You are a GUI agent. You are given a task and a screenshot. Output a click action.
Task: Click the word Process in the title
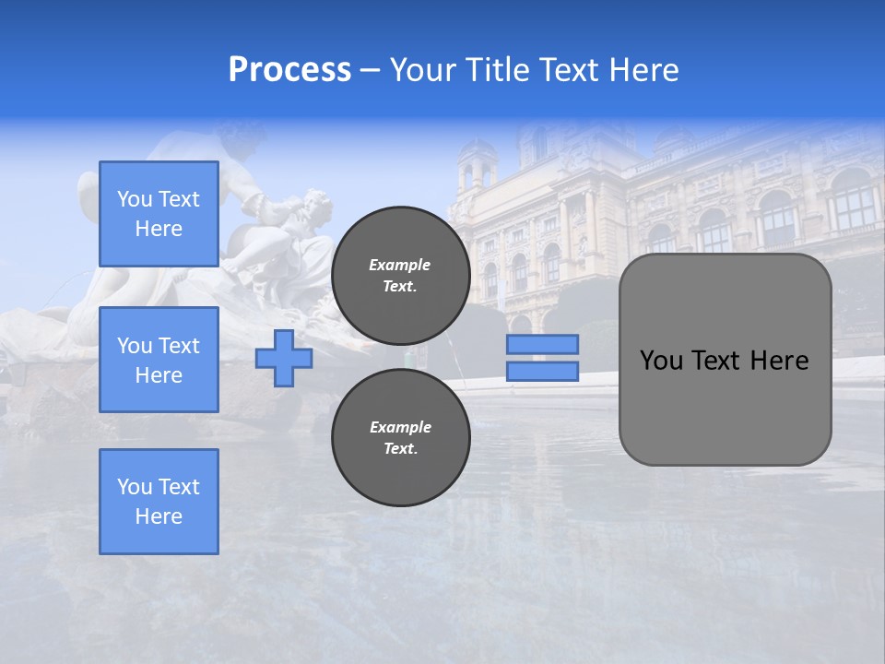tap(289, 70)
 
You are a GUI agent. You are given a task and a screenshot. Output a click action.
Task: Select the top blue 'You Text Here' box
tap(159, 214)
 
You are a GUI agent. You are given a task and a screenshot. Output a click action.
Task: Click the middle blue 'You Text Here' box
tap(159, 360)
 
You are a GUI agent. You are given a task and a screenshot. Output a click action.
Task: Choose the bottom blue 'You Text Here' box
tap(159, 502)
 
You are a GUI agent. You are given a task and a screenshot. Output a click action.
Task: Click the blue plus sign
tap(283, 358)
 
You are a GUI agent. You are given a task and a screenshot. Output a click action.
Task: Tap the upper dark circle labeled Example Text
tap(401, 276)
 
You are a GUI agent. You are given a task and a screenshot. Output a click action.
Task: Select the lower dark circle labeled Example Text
tap(401, 438)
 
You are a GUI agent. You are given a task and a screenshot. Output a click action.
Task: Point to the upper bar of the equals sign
tap(542, 344)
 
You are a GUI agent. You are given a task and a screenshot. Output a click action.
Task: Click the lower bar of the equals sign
tap(542, 372)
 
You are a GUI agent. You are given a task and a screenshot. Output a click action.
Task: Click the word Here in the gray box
tap(779, 361)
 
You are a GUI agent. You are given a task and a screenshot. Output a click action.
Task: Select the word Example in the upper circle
tap(400, 265)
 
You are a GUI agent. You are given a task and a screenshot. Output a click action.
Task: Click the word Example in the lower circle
tap(400, 427)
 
